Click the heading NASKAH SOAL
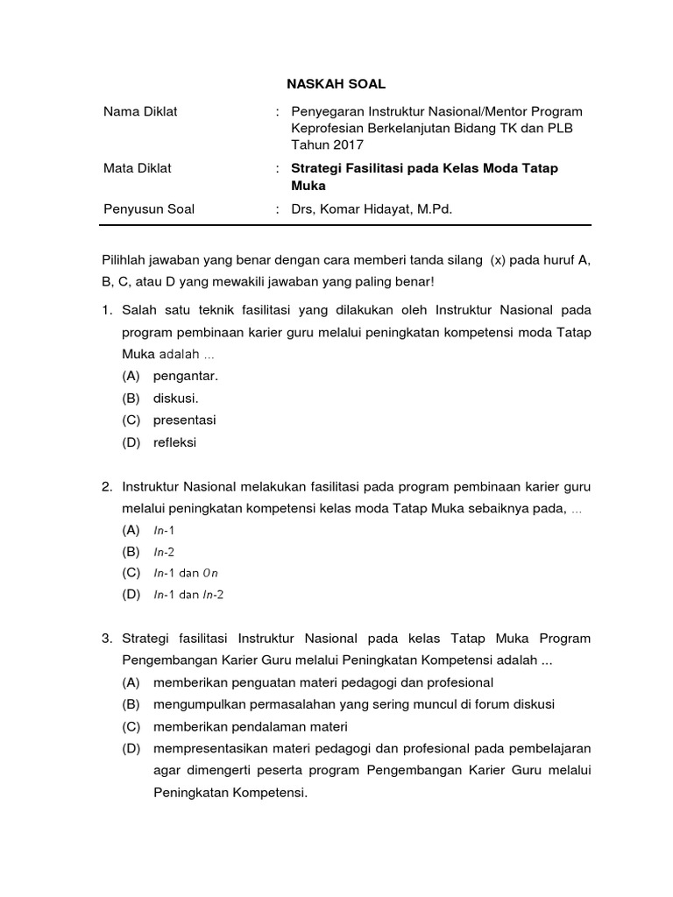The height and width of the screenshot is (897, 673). point(336,84)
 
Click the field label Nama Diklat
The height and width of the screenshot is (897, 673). point(140,111)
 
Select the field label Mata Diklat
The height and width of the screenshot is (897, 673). point(138,168)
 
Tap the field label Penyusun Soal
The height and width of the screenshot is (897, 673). point(149,208)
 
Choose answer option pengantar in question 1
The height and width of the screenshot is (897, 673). point(185,376)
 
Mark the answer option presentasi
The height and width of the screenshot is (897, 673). point(184,420)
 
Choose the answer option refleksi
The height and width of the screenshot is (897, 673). point(174,442)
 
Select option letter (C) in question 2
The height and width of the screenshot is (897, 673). point(131,573)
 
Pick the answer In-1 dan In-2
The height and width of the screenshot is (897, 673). point(188,595)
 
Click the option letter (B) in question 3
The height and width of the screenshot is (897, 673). point(131,703)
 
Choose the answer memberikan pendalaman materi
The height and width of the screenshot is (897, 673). point(251,726)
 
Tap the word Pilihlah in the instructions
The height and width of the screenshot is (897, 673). point(128,260)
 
